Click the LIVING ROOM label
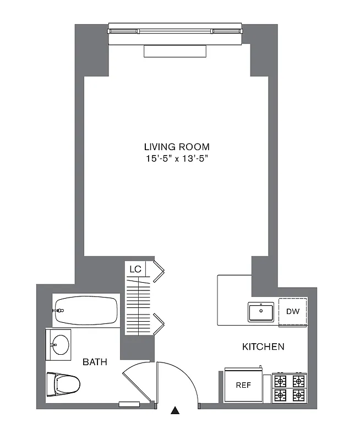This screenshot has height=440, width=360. click(177, 147)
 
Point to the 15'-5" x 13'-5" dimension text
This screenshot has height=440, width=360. click(177, 159)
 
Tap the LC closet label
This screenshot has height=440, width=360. click(135, 269)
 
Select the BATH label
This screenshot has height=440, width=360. click(95, 362)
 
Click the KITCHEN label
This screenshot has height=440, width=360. click(263, 346)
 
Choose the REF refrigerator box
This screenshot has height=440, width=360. click(243, 385)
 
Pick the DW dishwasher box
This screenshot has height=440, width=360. click(292, 312)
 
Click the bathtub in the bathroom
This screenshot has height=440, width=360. click(86, 311)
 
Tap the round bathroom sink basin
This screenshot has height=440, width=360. click(60, 345)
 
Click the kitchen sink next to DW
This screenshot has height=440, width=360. click(261, 312)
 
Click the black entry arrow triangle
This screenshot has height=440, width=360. click(175, 410)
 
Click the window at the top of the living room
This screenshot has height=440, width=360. click(175, 31)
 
